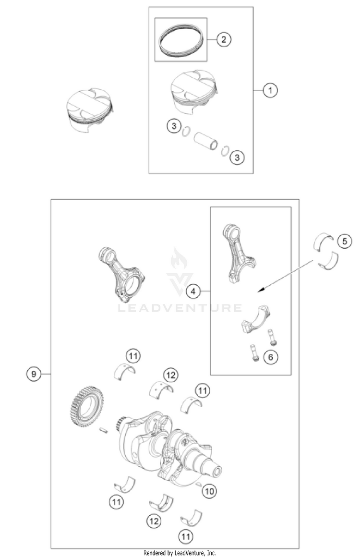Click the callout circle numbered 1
click(x=270, y=90)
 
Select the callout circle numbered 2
click(x=223, y=39)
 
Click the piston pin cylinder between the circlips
click(x=205, y=141)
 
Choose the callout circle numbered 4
click(x=193, y=291)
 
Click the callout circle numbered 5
click(x=344, y=241)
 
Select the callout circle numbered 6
click(x=270, y=357)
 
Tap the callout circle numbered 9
click(x=34, y=374)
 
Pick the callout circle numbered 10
click(x=209, y=491)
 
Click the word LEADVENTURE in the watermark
click(x=180, y=307)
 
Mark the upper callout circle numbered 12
click(x=171, y=375)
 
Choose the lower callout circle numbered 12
click(x=154, y=522)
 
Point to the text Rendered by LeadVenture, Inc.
click(x=180, y=553)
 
